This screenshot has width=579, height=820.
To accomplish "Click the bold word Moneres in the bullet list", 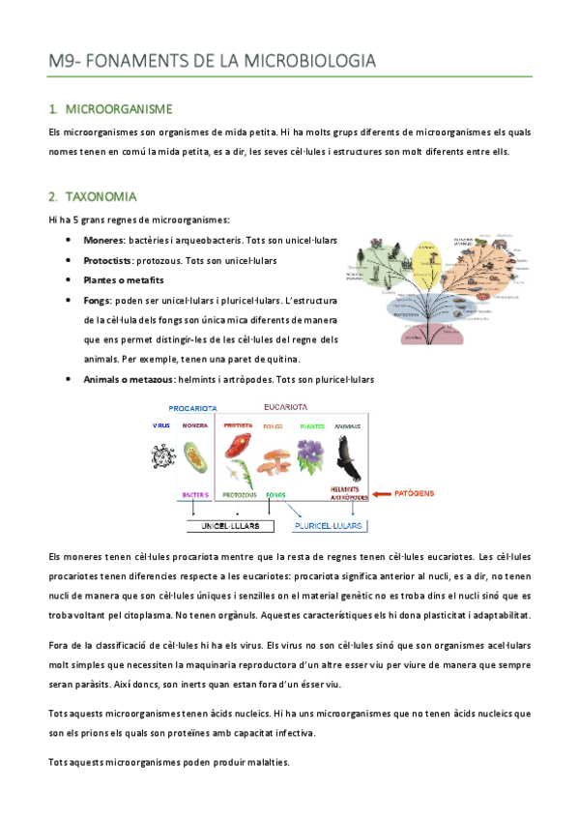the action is point(103,239).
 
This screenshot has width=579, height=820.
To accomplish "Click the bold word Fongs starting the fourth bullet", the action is point(97,301).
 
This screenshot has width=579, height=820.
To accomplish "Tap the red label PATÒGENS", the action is point(414,492).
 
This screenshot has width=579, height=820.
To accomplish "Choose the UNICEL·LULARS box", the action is point(228,526).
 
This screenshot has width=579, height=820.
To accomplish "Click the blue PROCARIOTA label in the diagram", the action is point(192,407).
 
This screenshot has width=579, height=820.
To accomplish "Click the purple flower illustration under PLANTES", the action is point(310,452).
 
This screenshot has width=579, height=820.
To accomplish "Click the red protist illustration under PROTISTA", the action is point(238,446).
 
